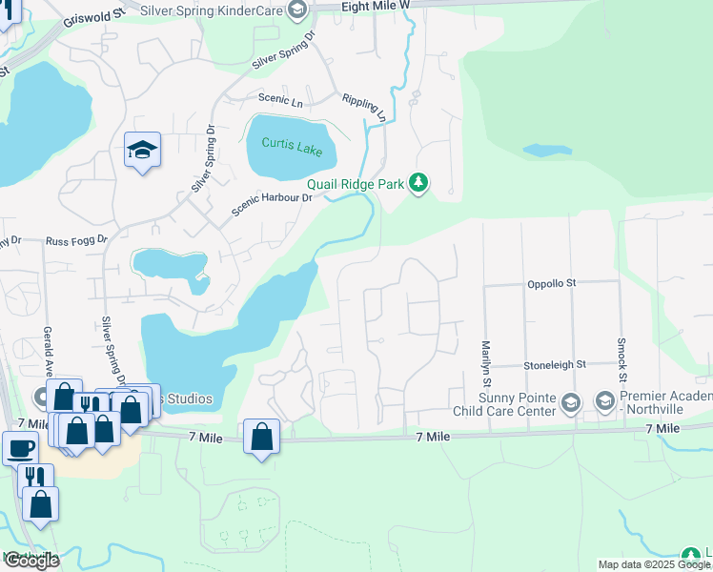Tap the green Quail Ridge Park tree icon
(x=418, y=182)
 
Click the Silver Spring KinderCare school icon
(x=297, y=10)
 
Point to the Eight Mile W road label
(x=376, y=6)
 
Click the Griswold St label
(x=93, y=19)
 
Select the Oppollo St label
(x=553, y=284)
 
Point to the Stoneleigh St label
(x=554, y=365)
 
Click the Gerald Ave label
(x=47, y=349)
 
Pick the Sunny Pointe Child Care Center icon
(x=570, y=402)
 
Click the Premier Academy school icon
(x=604, y=402)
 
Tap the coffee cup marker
(x=20, y=445)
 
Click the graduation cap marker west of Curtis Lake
(x=142, y=150)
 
